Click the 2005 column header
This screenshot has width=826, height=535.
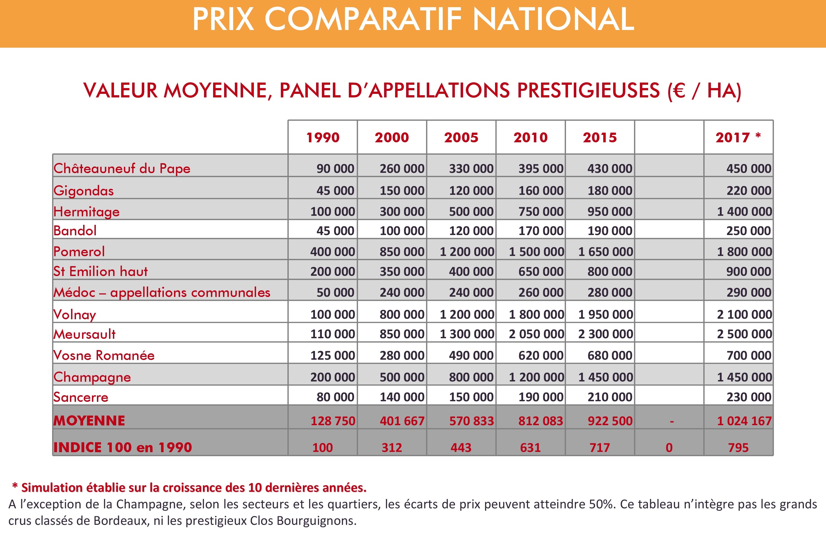[461, 138]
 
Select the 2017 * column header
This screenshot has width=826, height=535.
[738, 138]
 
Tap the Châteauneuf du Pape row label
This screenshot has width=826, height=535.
[122, 169]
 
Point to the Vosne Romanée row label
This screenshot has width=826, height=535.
[104, 355]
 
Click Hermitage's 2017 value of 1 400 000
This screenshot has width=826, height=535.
[744, 211]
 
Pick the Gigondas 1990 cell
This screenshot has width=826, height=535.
[335, 190]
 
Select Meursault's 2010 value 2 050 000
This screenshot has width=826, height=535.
[536, 334]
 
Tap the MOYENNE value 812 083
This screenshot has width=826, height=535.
[540, 421]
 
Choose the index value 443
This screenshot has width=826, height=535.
[461, 447]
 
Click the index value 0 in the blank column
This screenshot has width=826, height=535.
[669, 447]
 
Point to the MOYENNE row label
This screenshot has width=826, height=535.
[89, 421]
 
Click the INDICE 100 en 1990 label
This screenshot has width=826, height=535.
[123, 447]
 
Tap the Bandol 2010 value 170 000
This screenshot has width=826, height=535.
[540, 231]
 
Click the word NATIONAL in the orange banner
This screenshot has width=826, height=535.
[553, 20]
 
